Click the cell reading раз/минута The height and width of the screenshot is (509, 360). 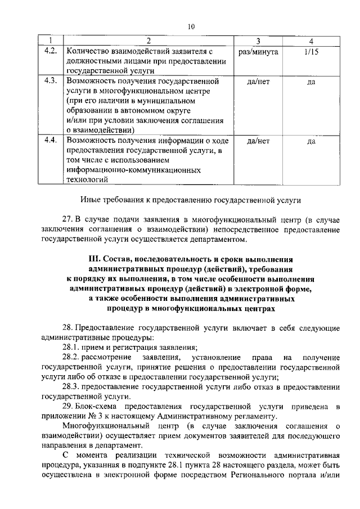(258, 51)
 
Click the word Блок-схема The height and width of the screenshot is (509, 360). (96, 406)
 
